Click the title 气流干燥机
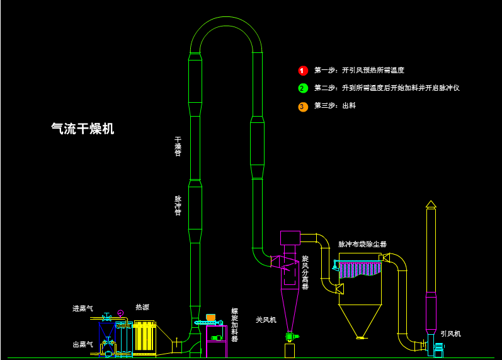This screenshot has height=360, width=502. tap(83, 129)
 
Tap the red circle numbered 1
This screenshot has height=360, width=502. tap(303, 71)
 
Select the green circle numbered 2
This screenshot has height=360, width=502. tap(303, 88)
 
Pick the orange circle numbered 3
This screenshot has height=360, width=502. tap(303, 107)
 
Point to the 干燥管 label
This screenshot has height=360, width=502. tap(178, 146)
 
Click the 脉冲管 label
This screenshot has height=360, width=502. tap(178, 206)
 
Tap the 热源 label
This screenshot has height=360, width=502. tap(142, 307)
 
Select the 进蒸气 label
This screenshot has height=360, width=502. tap(83, 308)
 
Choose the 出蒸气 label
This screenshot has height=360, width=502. tap(83, 344)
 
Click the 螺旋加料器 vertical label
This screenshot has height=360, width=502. tap(235, 325)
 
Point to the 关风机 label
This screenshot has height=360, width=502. tap(266, 320)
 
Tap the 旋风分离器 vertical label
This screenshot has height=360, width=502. tap(305, 272)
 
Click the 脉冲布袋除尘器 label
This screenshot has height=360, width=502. tap(362, 244)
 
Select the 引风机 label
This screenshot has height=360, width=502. tap(450, 334)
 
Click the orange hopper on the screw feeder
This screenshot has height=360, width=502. tap(210, 317)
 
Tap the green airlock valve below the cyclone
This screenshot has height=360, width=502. tap(289, 336)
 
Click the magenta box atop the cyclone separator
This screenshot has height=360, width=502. tap(290, 238)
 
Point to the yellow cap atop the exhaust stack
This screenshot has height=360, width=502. tap(431, 204)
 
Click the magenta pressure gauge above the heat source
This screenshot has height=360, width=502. tap(120, 313)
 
